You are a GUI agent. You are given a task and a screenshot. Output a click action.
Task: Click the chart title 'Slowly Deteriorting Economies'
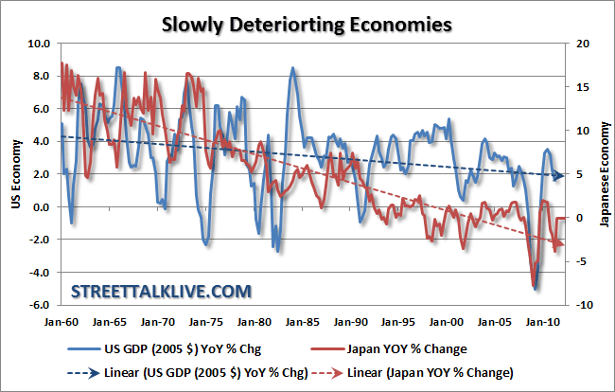(x=307, y=22)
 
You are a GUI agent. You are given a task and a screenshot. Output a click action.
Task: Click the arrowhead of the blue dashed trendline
(x=559, y=175)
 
